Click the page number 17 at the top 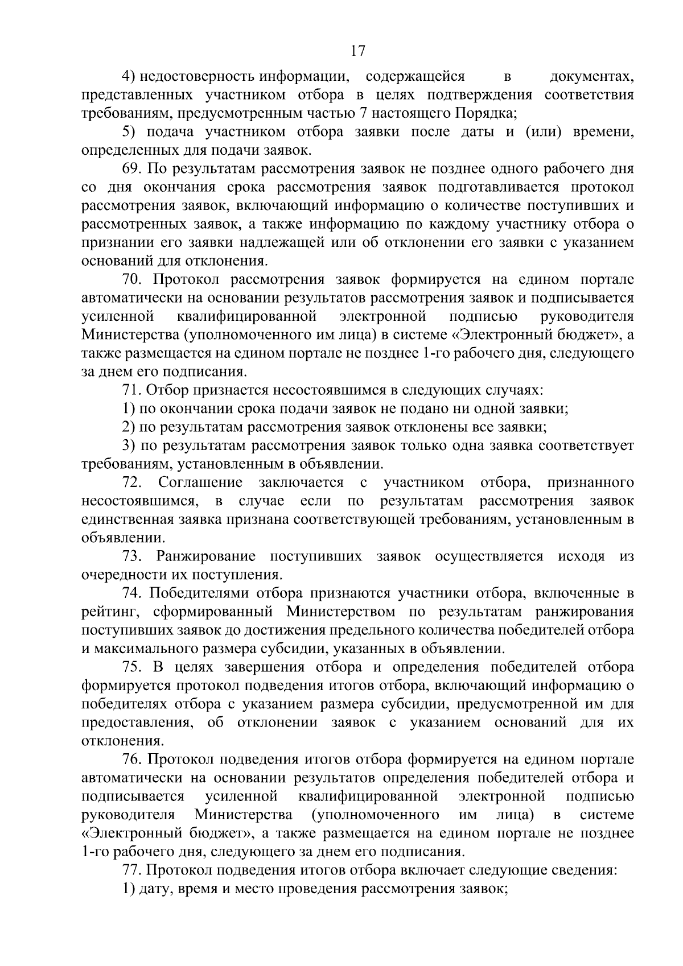coord(357,51)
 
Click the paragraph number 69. coord(132,169)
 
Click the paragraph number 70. coord(133,280)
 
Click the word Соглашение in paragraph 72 coord(200,483)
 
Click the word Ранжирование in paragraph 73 coord(206,556)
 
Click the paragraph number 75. coord(132,667)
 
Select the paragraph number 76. coord(132,759)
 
